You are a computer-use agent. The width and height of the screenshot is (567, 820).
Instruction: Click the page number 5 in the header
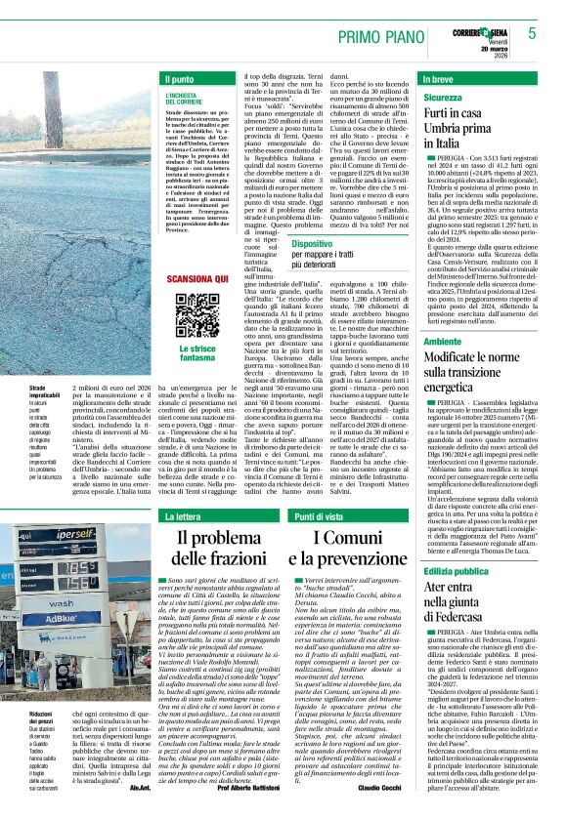[532, 33]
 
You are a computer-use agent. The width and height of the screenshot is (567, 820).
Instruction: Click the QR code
[198, 316]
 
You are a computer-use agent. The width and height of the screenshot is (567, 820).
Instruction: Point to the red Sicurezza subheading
[443, 99]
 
